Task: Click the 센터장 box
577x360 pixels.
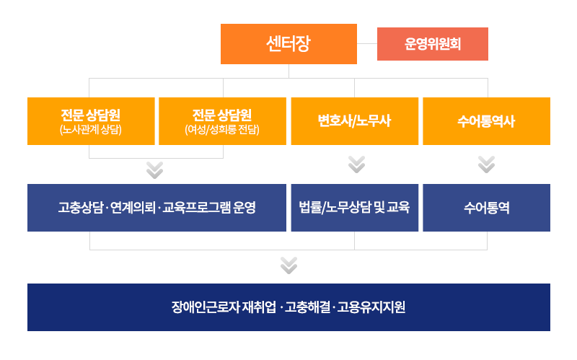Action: pyautogui.click(x=288, y=44)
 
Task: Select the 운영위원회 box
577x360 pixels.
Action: pyautogui.click(x=432, y=44)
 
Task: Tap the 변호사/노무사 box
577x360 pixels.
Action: pyautogui.click(x=354, y=121)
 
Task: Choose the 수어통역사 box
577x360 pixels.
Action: pyautogui.click(x=486, y=121)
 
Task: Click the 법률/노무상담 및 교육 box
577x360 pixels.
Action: pyautogui.click(x=354, y=208)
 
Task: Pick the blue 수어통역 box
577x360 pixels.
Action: pyautogui.click(x=486, y=208)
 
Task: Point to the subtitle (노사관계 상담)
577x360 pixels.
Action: pyautogui.click(x=91, y=130)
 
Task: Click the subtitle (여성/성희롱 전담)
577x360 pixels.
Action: pyautogui.click(x=222, y=130)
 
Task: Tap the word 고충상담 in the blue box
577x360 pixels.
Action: pyautogui.click(x=81, y=208)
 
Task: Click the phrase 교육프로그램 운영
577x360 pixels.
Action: pyautogui.click(x=208, y=208)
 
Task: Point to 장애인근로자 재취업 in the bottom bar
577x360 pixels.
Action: pyautogui.click(x=224, y=307)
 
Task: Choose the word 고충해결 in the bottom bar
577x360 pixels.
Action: pyautogui.click(x=307, y=307)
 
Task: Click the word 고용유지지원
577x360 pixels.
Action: pyautogui.click(x=371, y=307)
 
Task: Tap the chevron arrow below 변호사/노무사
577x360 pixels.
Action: pyautogui.click(x=356, y=164)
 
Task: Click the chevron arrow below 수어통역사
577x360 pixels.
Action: pyautogui.click(x=486, y=164)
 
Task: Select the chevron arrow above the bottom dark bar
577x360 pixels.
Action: pyautogui.click(x=289, y=265)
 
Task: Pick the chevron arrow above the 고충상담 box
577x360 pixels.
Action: pyautogui.click(x=154, y=170)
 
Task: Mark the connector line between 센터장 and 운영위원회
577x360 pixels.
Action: pyautogui.click(x=367, y=43)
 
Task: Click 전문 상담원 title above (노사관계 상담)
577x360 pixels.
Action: pyautogui.click(x=91, y=115)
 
